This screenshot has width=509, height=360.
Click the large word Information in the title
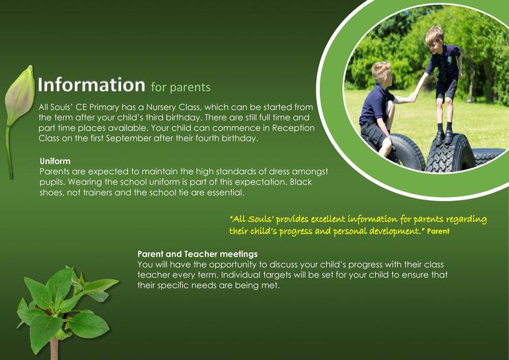91,85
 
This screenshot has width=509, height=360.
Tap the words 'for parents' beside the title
181,87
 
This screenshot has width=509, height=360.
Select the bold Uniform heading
55,161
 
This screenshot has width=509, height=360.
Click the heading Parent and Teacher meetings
197,254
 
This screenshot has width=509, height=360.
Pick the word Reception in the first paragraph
293,128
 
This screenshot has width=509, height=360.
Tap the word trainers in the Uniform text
98,192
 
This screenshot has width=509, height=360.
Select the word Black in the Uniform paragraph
301,182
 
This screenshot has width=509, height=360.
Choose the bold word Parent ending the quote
438,231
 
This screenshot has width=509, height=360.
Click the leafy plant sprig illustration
65,308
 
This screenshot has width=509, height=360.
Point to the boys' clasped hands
412,97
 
